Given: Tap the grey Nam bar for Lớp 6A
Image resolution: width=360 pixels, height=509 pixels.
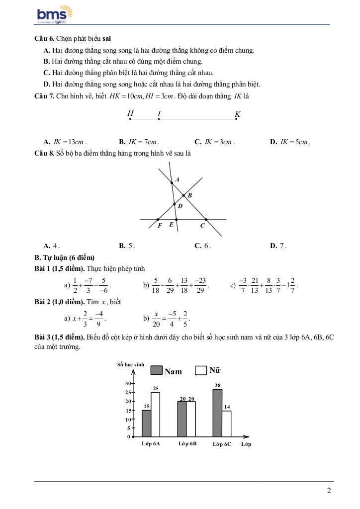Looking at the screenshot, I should coord(146,424).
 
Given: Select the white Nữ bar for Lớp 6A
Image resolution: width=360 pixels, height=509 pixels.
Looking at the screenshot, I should coord(155,415).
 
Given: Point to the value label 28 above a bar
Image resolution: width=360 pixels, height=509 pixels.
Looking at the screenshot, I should coord(217,385).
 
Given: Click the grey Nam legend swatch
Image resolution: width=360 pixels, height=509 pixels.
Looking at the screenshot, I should coord(157,370).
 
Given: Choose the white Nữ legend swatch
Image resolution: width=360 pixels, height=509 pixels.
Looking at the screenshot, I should coord(201,370).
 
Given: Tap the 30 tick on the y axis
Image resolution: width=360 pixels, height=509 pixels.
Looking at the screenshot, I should coord(128,383).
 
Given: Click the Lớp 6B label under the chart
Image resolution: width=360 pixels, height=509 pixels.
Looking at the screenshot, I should coord(187,444).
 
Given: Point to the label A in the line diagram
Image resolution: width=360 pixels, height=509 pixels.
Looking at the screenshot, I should coord(178,179).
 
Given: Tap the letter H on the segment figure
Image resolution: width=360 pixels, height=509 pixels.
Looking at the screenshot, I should coord(130,113).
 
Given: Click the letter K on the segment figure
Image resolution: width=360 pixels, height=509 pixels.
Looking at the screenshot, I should coord(237,114).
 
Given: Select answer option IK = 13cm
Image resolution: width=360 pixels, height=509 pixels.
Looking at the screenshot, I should coord(65,142).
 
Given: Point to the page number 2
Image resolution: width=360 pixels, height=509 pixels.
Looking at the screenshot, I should coord(329,491).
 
